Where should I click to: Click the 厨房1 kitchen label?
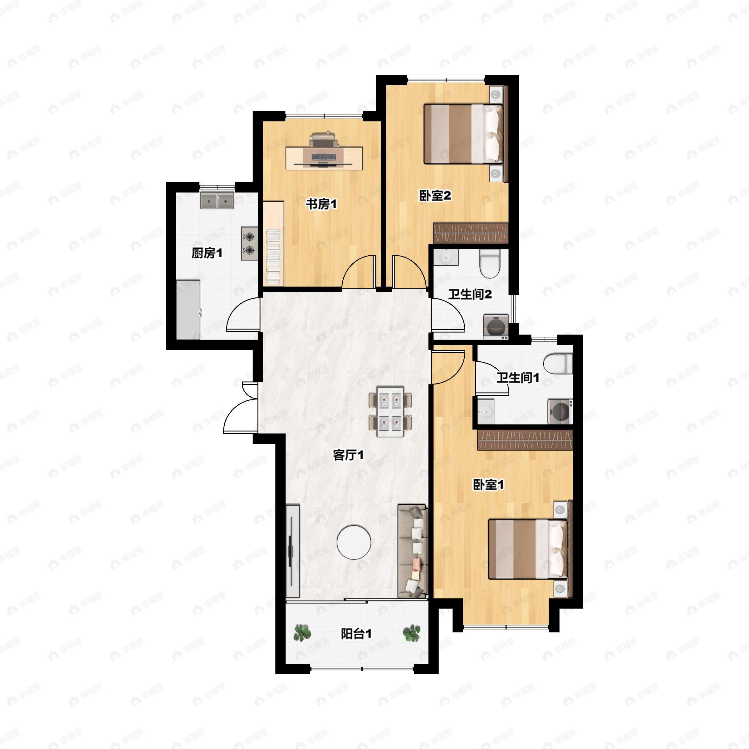click(207, 253)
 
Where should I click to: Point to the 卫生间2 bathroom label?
click(470, 294)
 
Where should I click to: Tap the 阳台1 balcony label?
click(356, 634)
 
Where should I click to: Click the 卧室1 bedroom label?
click(488, 484)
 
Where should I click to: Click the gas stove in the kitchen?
click(249, 243)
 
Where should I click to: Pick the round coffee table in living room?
click(354, 542)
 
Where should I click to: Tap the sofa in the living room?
click(413, 551)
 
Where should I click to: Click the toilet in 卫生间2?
click(490, 263)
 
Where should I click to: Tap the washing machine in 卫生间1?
click(560, 411)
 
